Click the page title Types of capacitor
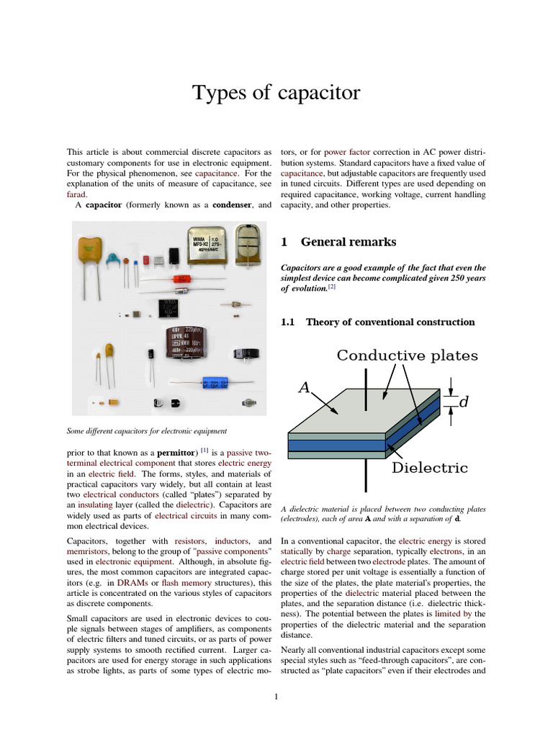click(276, 93)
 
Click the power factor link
click(346, 153)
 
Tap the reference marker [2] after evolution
click(332, 287)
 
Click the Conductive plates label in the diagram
click(407, 356)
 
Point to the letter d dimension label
click(464, 402)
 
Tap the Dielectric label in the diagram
click(429, 468)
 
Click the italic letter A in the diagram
click(305, 388)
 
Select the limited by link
click(451, 614)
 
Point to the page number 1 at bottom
click(276, 696)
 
